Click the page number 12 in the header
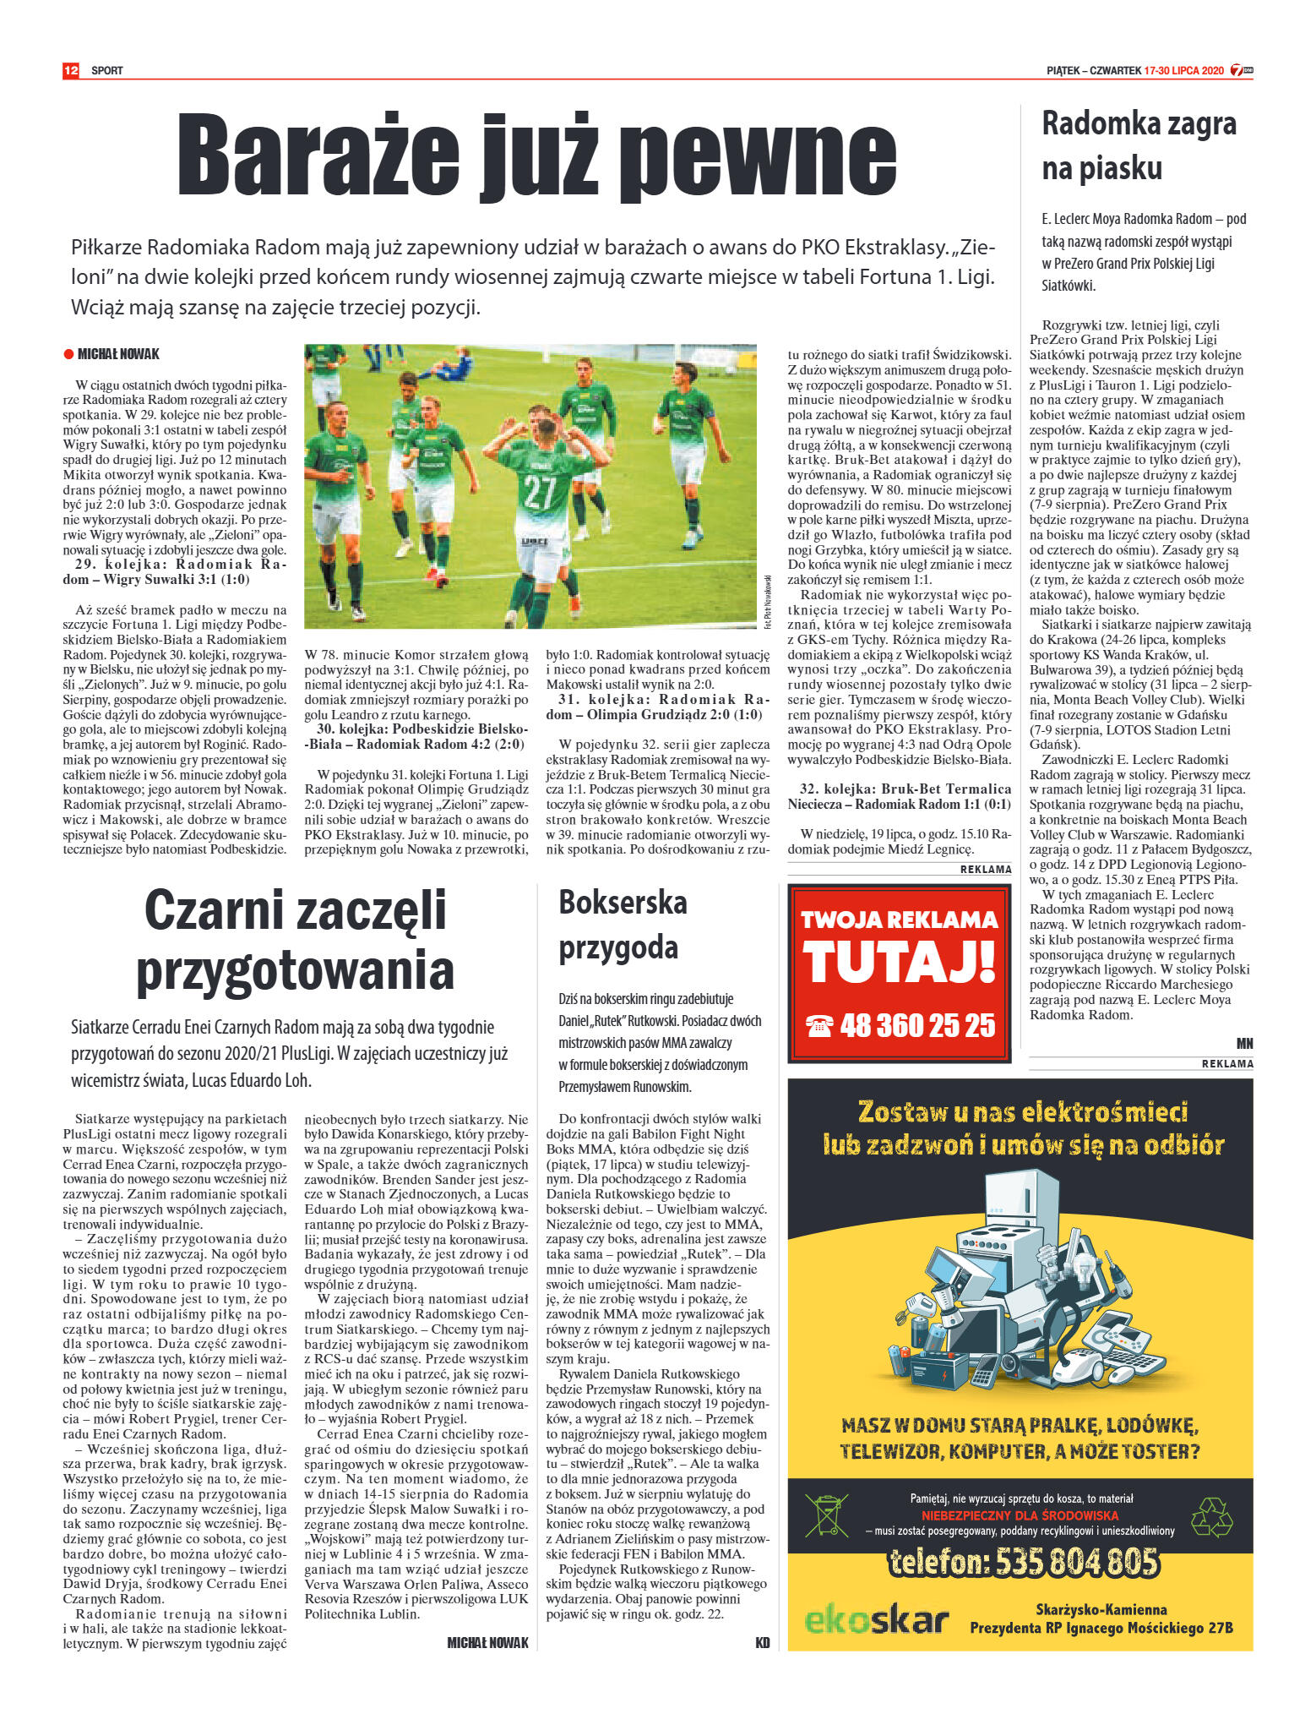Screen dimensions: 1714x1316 pos(70,70)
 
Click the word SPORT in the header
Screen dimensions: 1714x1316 pos(107,71)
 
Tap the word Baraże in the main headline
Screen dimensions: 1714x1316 pos(318,157)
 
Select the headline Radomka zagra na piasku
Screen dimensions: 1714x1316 pos(1139,145)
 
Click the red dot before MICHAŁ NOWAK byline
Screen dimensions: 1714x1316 pos(68,354)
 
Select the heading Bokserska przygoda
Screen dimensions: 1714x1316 pos(623,925)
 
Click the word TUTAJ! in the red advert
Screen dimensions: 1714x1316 pos(899,963)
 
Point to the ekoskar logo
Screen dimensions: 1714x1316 pos(876,1620)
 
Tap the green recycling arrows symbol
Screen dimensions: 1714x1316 pos(1211,1517)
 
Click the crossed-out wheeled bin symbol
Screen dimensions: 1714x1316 pos(826,1516)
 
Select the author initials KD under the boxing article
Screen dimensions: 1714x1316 pos(762,1643)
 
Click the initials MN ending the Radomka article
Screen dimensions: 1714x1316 pos(1244,1044)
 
